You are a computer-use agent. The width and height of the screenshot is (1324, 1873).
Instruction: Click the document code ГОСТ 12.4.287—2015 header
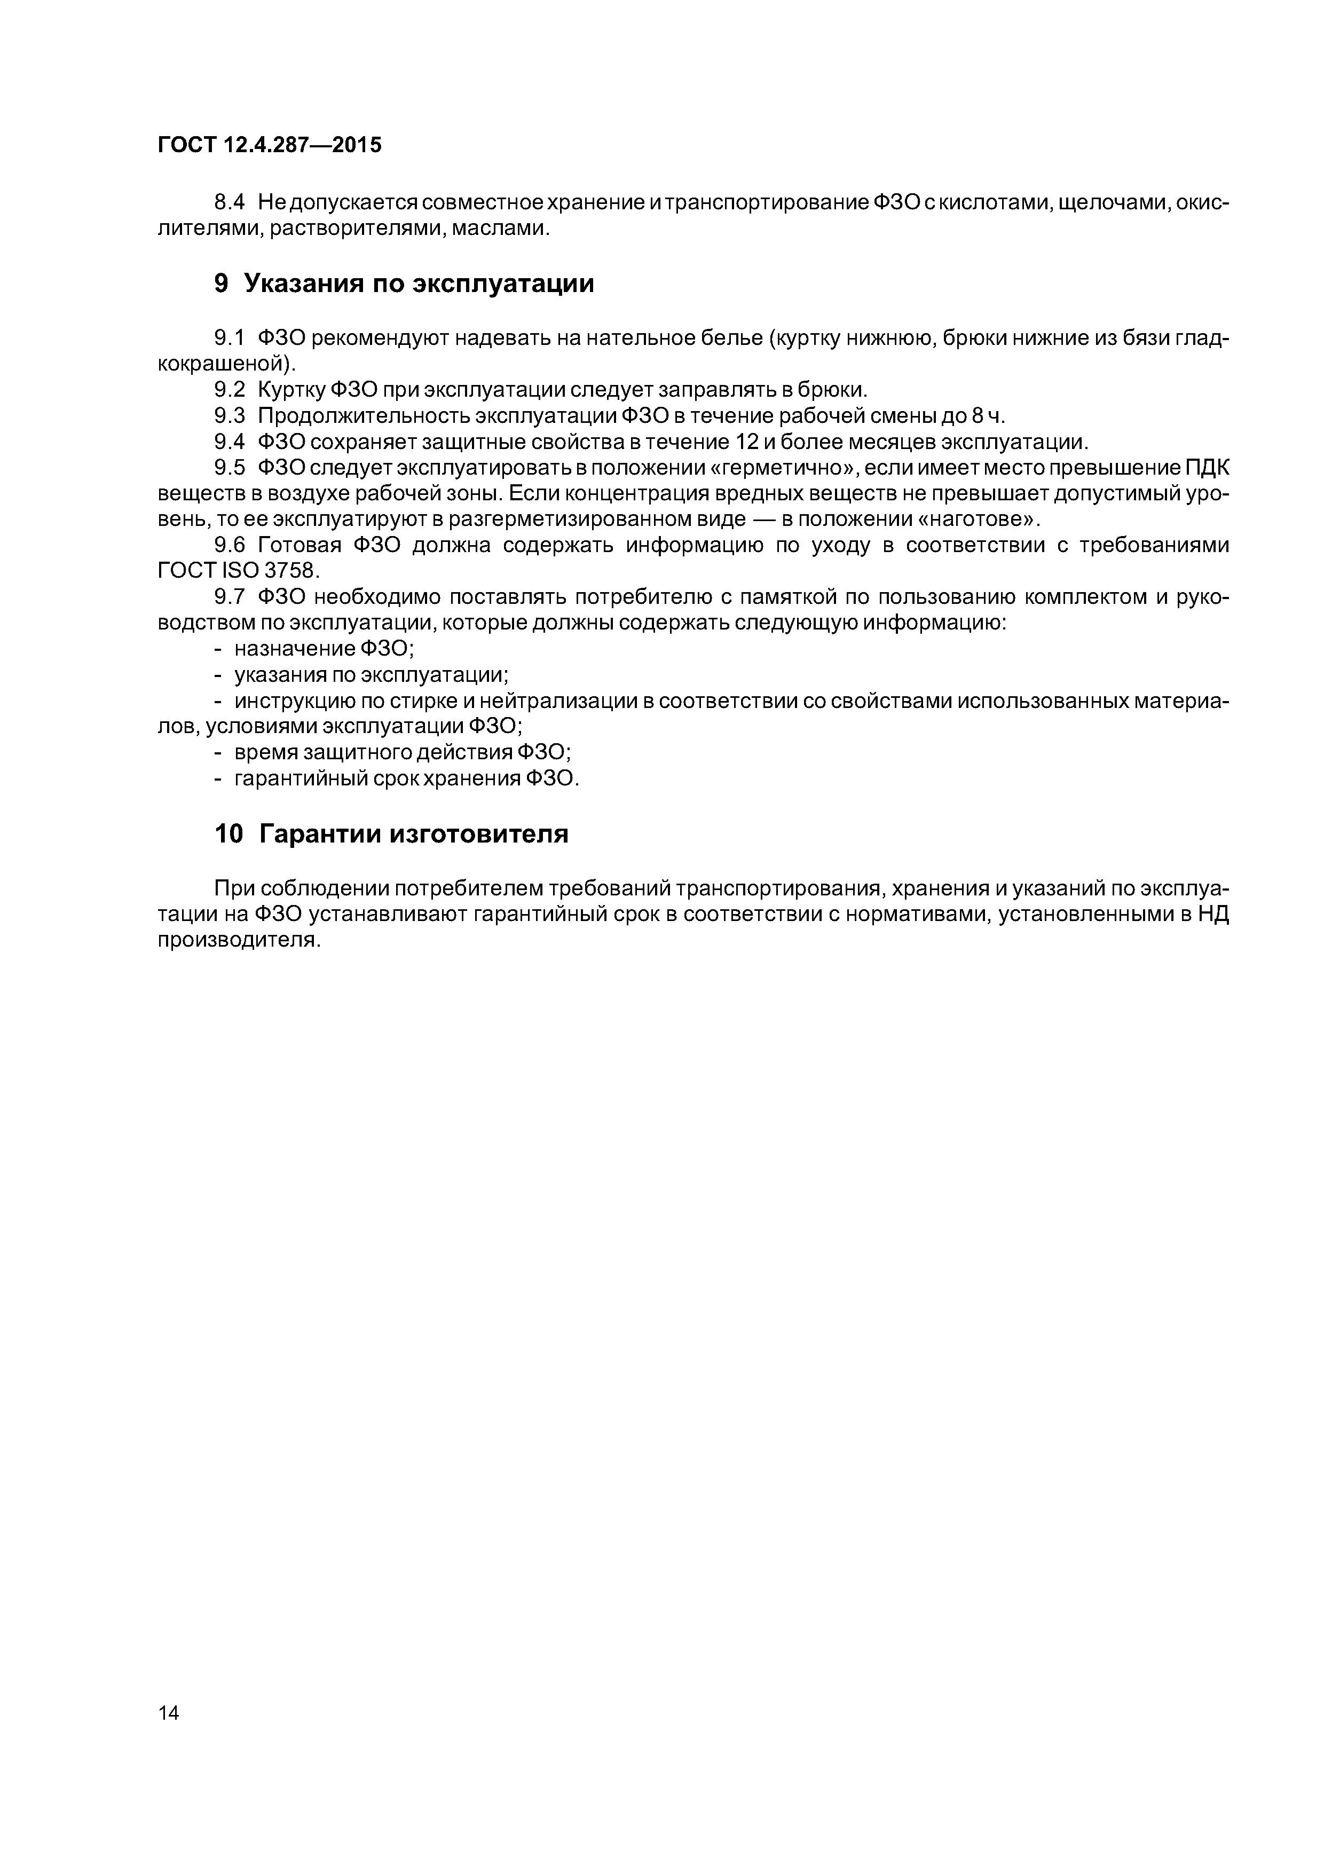click(x=269, y=146)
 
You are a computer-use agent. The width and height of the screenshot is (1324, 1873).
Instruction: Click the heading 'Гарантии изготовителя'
click(x=414, y=833)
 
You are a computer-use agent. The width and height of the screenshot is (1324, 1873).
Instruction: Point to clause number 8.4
click(x=229, y=202)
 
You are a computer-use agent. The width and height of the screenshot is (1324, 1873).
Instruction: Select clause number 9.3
click(x=229, y=415)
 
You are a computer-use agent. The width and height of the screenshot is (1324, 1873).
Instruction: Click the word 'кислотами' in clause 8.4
click(x=984, y=202)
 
